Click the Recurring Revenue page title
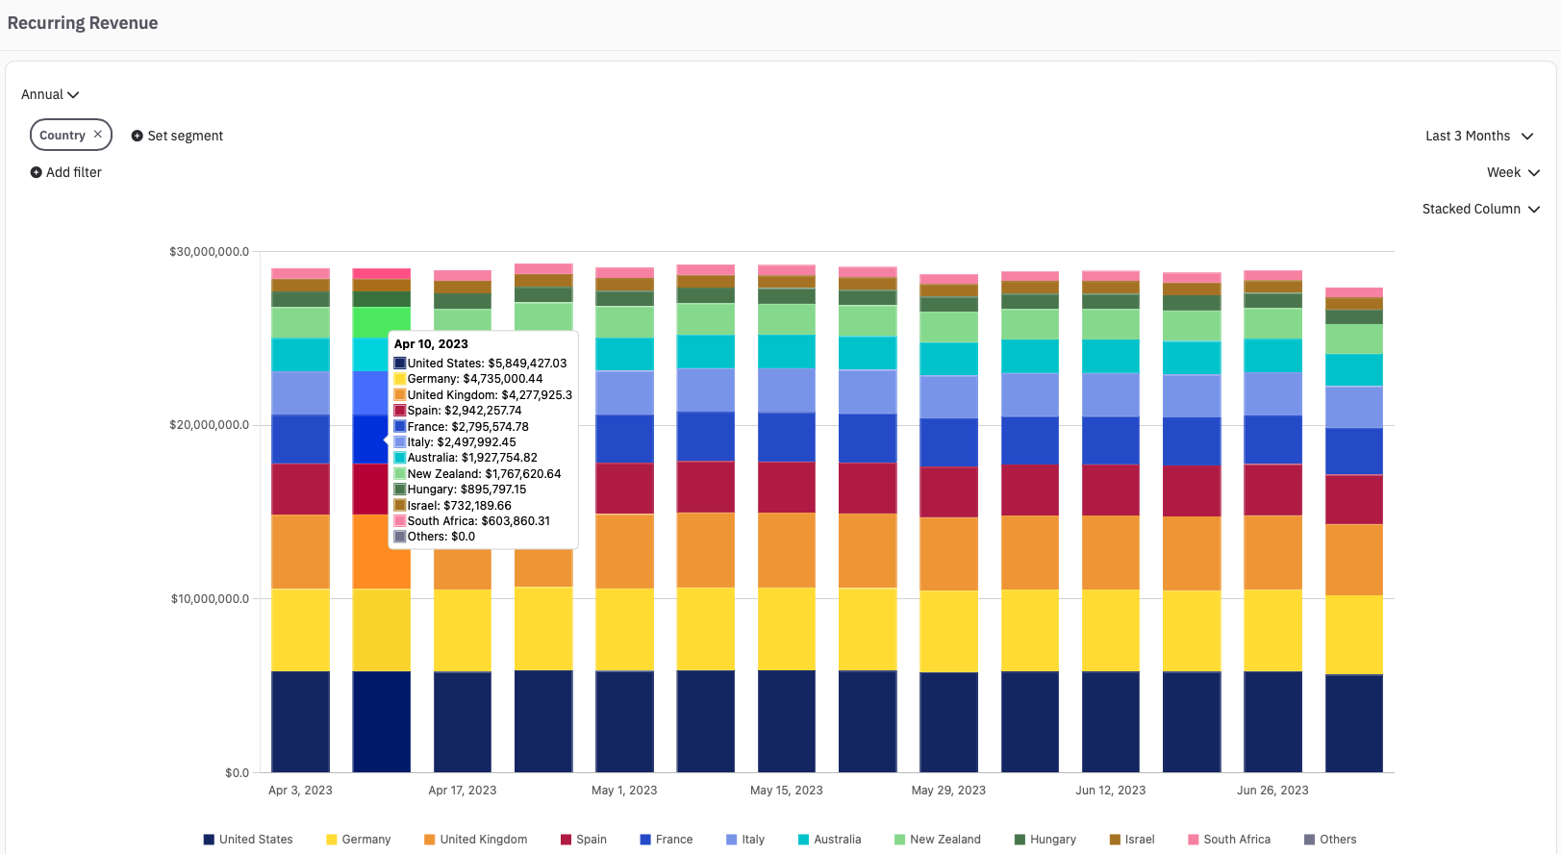tap(83, 23)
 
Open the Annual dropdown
tap(50, 94)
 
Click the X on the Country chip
tap(98, 135)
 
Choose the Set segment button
tap(177, 136)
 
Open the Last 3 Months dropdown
tap(1478, 136)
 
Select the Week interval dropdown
tap(1513, 172)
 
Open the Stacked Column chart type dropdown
tap(1480, 209)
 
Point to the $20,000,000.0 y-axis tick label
tap(209, 425)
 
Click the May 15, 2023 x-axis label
tap(786, 791)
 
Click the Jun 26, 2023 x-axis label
tap(1272, 791)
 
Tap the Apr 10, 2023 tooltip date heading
tap(431, 344)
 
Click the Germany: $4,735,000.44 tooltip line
tap(474, 379)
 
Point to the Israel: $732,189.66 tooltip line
tap(459, 506)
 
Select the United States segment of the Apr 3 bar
tap(300, 721)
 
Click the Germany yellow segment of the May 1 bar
tap(624, 629)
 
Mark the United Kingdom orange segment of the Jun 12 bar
tap(1111, 552)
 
